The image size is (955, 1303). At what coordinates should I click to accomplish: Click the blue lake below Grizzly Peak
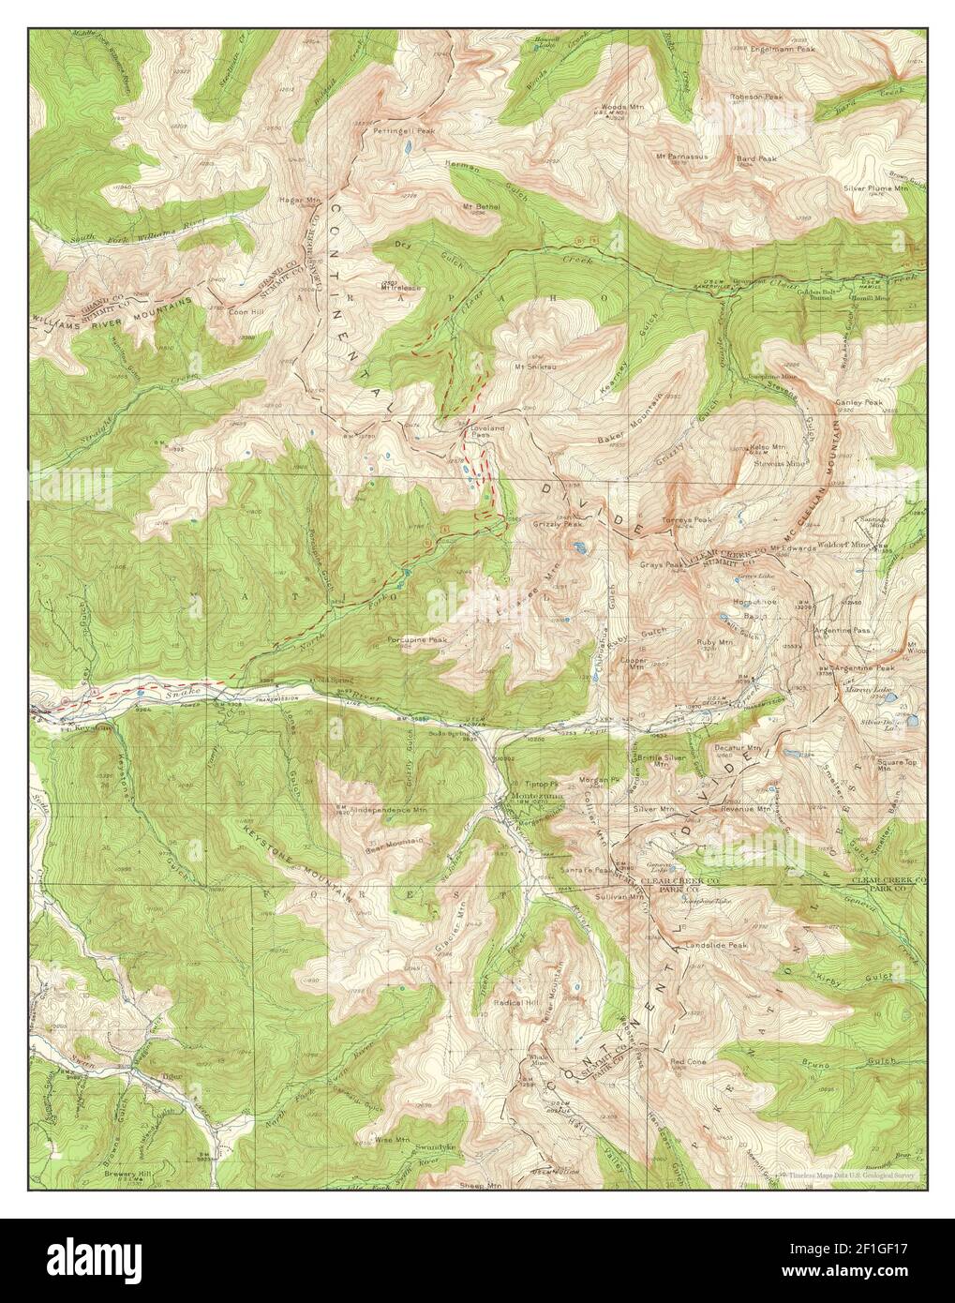point(581,547)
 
